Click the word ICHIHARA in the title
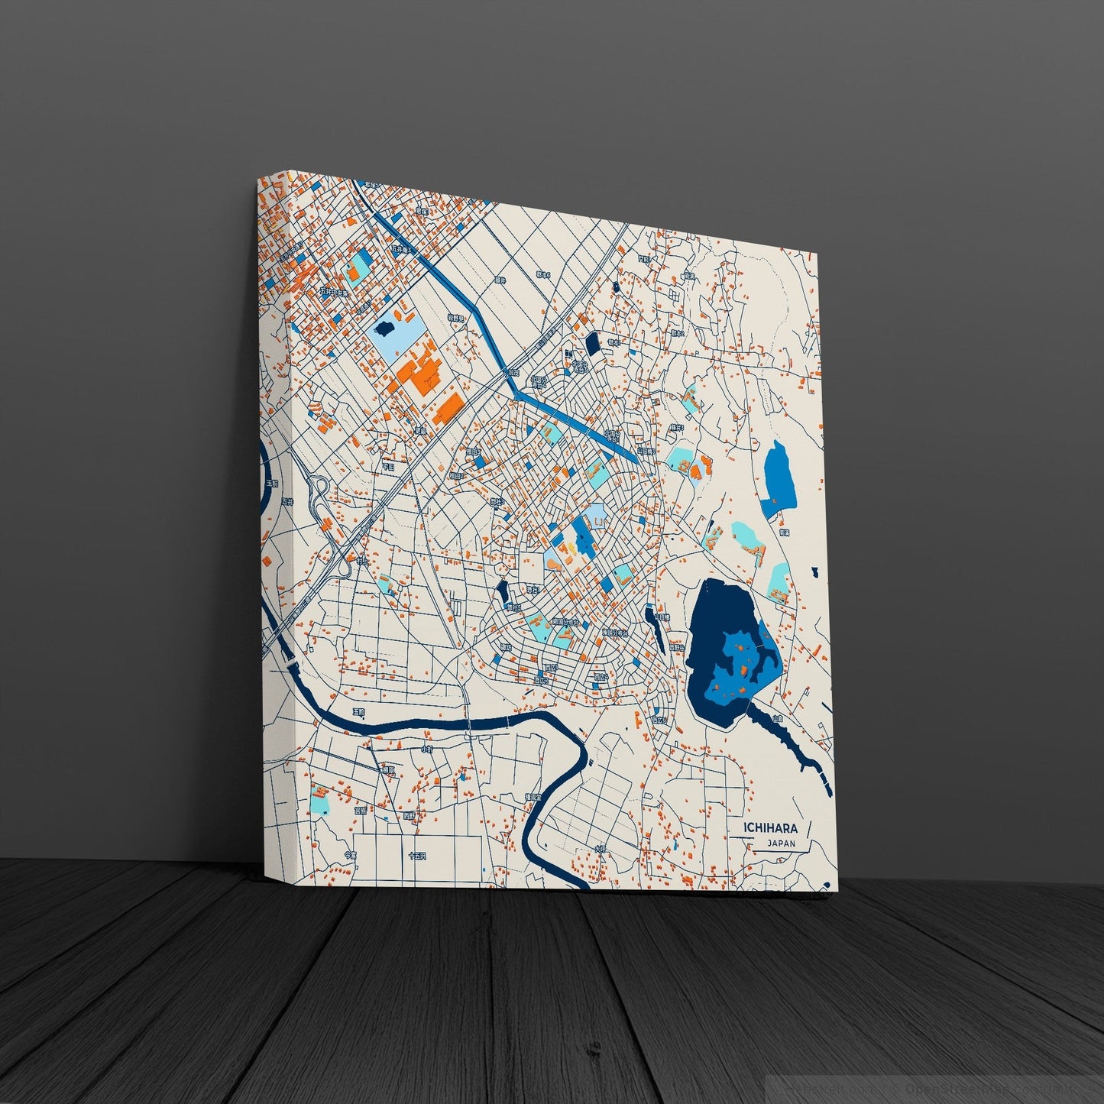pos(772,828)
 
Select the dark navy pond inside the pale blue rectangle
pos(386,329)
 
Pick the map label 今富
pos(350,855)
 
